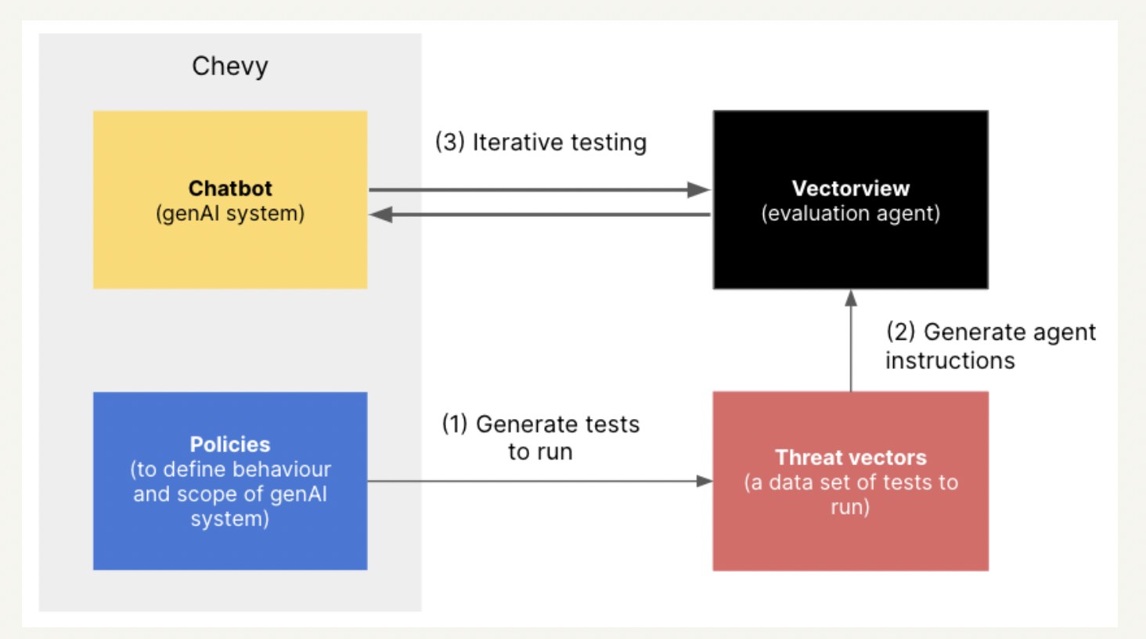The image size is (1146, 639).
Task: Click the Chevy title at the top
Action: click(230, 67)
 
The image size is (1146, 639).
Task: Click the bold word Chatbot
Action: click(230, 188)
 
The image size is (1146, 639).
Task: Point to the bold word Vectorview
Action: click(850, 188)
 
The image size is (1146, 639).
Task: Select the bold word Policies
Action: click(230, 444)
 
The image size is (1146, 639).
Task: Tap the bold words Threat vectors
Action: click(850, 457)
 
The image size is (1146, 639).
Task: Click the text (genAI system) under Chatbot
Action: click(230, 213)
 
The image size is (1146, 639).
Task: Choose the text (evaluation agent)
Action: click(850, 213)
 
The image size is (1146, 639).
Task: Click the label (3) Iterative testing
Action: click(541, 143)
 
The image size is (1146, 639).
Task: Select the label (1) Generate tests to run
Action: click(541, 437)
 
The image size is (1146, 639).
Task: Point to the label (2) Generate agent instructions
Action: click(989, 345)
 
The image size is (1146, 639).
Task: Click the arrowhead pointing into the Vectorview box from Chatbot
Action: click(699, 190)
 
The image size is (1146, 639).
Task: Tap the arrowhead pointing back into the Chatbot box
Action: click(381, 215)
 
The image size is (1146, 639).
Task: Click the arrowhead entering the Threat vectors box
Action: click(705, 481)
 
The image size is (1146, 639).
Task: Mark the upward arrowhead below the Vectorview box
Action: click(851, 298)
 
